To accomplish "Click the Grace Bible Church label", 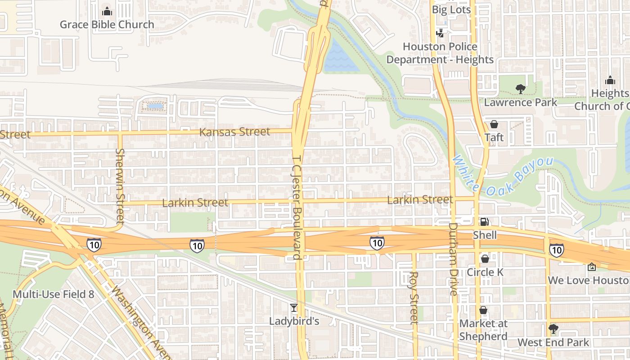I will pos(107,25).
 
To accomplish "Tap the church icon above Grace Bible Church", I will pos(107,11).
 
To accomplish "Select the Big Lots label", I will pos(451,9).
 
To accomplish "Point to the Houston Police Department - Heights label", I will pos(440,53).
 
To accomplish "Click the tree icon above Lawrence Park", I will pos(521,89).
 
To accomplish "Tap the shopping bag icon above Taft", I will pos(494,124).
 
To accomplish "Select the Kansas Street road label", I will pos(234,132).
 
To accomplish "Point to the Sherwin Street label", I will pos(120,186).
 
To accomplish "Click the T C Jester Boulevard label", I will pos(296,207).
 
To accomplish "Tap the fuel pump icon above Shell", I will pos(485,222).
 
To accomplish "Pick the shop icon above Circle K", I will pos(485,259).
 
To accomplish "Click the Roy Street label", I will pos(414,297).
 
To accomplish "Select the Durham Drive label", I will pos(453,259).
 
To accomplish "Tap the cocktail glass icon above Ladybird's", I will pos(294,308).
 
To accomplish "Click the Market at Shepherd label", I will pos(483,330).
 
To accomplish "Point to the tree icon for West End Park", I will pos(553,329).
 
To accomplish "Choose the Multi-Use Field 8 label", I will pos(53,294).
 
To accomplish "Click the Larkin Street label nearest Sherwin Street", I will pos(195,203).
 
